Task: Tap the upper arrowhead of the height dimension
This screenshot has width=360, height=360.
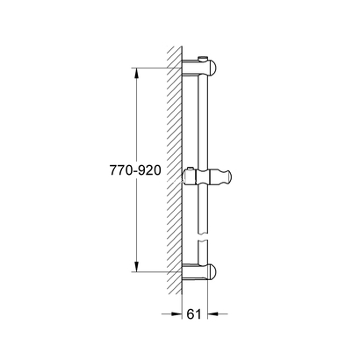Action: [x=137, y=72]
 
